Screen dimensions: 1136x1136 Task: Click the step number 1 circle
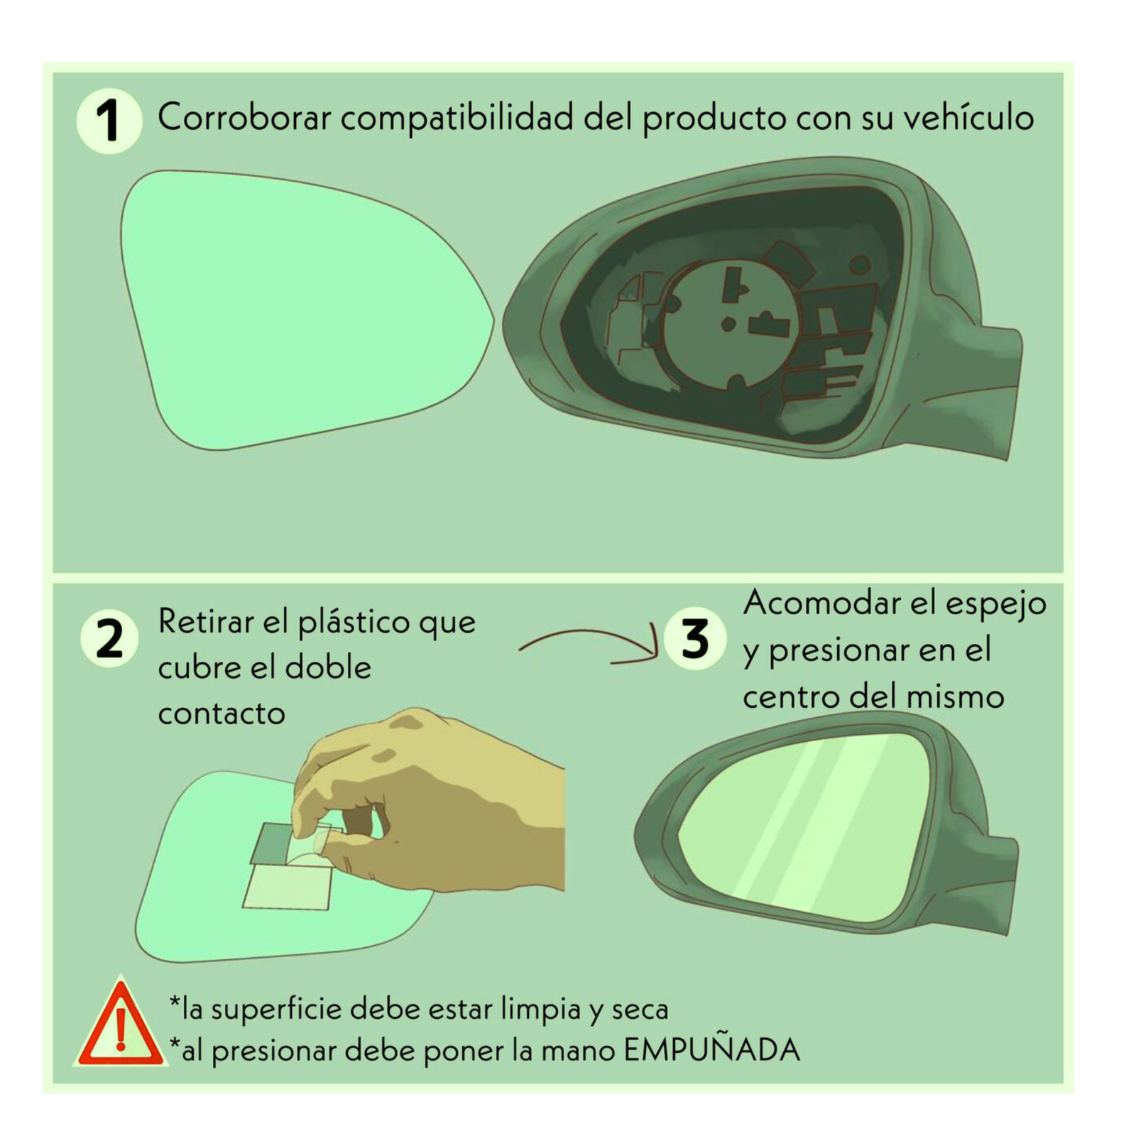(109, 121)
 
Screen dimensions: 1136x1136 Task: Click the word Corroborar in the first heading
(244, 117)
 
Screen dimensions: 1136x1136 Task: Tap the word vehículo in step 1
(968, 117)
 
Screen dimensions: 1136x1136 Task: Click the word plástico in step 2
(354, 623)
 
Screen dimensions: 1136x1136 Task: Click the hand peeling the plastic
(440, 795)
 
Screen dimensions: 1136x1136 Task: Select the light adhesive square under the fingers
(288, 887)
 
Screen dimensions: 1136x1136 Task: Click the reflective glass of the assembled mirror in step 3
(802, 824)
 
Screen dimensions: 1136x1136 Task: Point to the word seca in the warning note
(640, 1009)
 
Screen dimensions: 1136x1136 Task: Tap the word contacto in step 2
(222, 714)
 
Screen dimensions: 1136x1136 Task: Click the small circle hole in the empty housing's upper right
(860, 266)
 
